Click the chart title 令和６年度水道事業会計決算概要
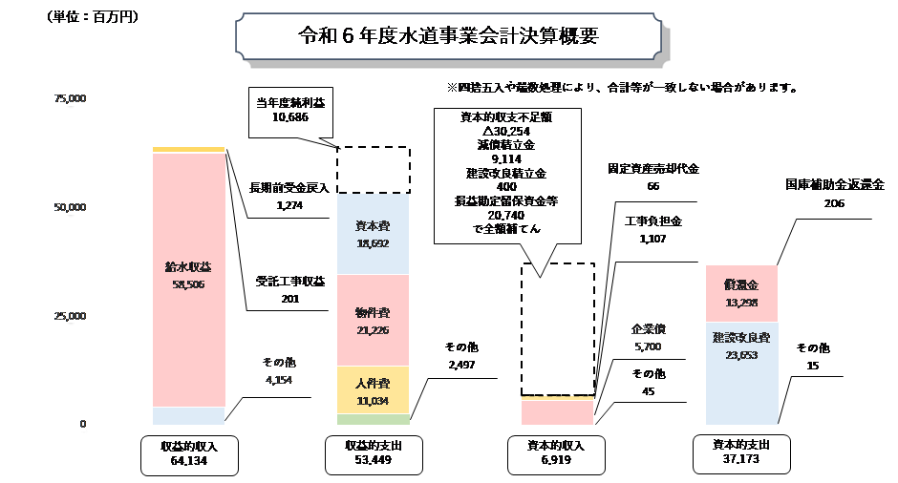pyautogui.click(x=448, y=37)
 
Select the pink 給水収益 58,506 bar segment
pyautogui.click(x=188, y=277)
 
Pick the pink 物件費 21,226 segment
pyautogui.click(x=374, y=320)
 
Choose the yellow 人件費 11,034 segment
pyautogui.click(x=374, y=391)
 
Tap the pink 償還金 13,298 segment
pyautogui.click(x=740, y=292)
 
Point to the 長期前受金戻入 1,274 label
pyautogui.click(x=289, y=196)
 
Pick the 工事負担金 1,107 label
pyautogui.click(x=650, y=231)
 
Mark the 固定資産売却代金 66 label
pyautogui.click(x=653, y=178)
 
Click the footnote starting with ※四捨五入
pyautogui.click(x=622, y=87)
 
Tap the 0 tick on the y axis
pyautogui.click(x=83, y=424)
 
